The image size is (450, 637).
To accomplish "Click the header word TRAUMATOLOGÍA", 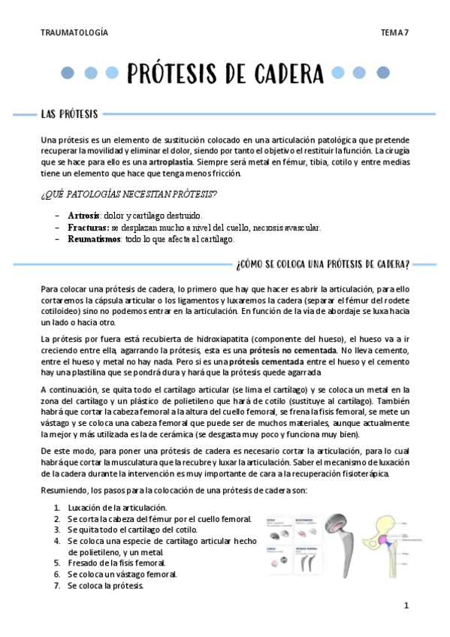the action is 74,32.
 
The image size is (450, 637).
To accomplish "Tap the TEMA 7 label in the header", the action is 394,32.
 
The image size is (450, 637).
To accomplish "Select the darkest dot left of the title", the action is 68,73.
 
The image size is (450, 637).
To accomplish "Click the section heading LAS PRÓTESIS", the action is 69,114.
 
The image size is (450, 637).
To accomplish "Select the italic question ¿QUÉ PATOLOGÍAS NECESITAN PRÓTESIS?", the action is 130,195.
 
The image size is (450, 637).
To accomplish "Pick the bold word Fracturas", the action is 88,228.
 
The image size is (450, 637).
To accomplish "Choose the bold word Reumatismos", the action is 94,240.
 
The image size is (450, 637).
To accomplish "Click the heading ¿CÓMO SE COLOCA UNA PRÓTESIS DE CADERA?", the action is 322,264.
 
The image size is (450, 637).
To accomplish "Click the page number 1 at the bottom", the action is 406,605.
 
